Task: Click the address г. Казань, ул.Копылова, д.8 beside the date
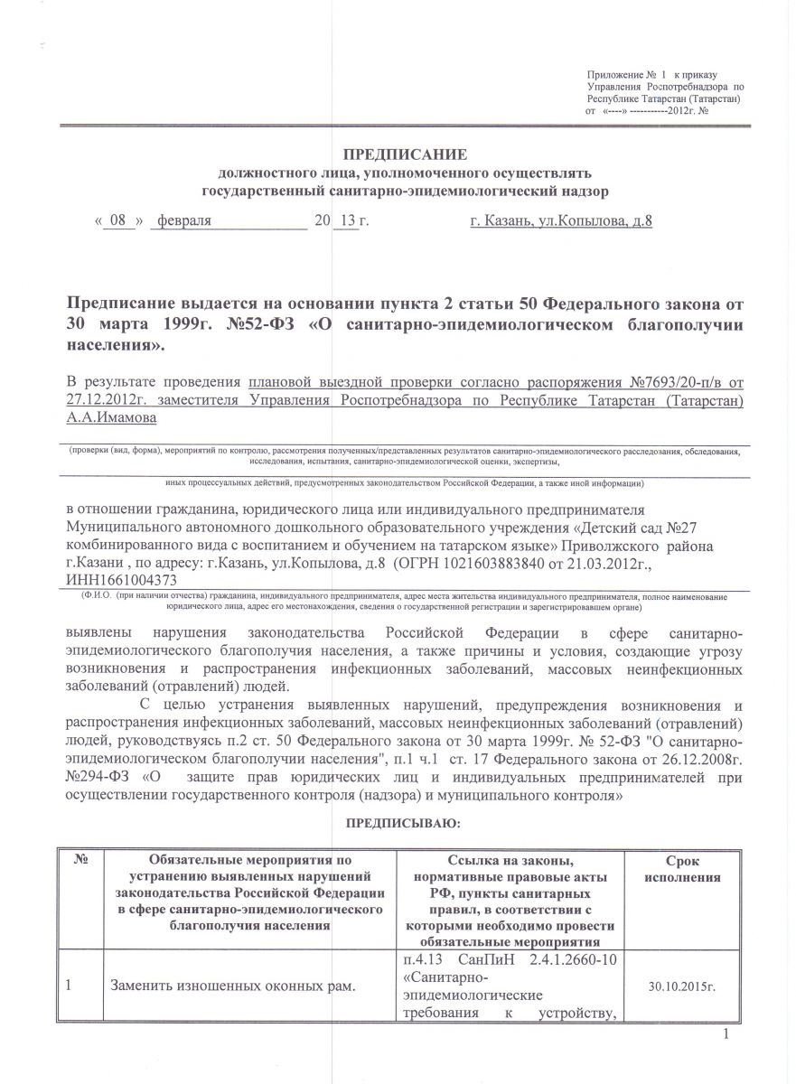[x=561, y=220]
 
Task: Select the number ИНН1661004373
[x=122, y=582]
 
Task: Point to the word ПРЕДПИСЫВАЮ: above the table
[x=404, y=823]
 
